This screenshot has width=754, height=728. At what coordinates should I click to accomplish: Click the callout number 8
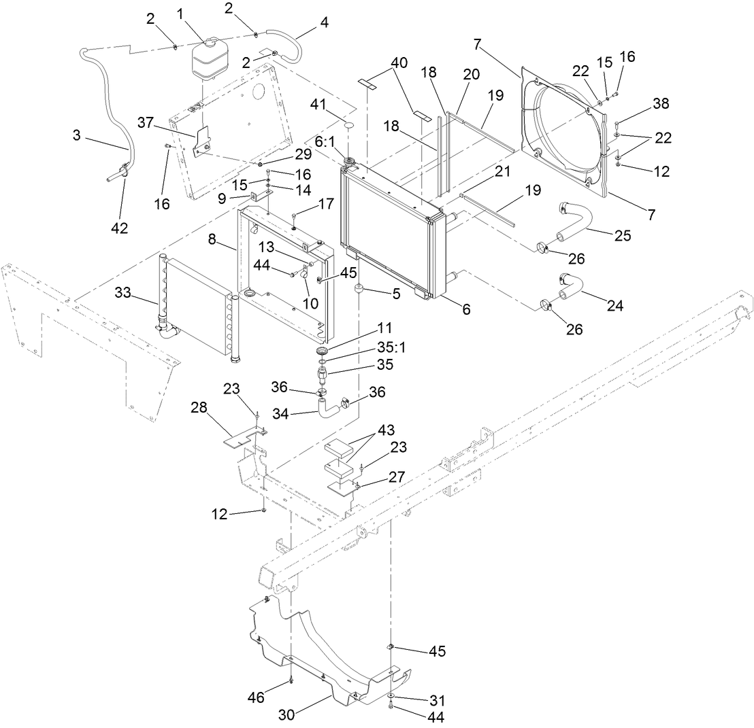click(x=213, y=239)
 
